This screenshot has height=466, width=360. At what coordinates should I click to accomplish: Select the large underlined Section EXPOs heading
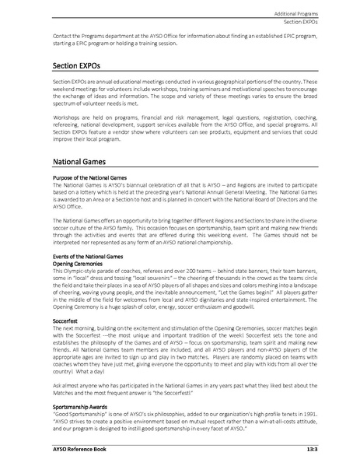(75, 66)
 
